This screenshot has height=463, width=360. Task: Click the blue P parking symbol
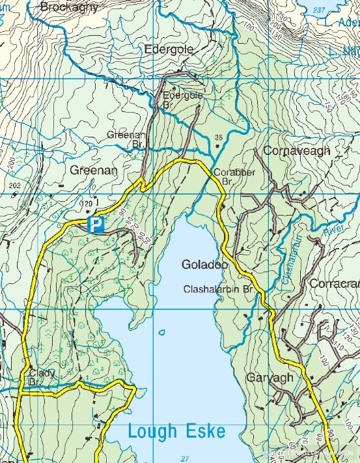96,225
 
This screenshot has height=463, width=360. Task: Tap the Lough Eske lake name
176,431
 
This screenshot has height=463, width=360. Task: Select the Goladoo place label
204,265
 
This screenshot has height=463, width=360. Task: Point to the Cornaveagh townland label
296,150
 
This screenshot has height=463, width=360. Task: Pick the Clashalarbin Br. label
221,288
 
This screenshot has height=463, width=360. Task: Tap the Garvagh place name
270,378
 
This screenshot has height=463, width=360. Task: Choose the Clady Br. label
41,378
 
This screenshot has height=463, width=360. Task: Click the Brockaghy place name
69,7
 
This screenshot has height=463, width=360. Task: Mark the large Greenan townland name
93,170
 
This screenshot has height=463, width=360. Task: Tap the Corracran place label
334,284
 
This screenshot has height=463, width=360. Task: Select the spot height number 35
218,137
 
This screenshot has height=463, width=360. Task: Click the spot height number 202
16,186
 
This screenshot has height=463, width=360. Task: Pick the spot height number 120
85,204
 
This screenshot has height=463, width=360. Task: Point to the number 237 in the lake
319,10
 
